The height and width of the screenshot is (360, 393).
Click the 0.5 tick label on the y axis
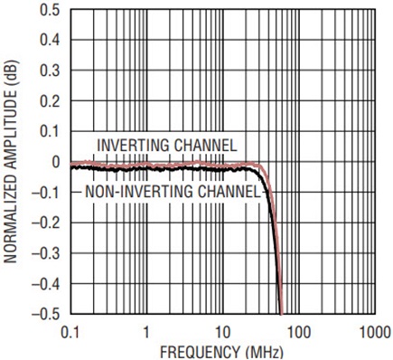coord(50,10)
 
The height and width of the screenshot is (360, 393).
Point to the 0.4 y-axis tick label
coord(50,40)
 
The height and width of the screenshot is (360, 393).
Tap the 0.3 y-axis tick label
coord(50,71)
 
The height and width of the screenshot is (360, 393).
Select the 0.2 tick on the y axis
coord(50,101)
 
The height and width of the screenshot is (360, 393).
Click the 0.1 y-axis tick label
coord(50,132)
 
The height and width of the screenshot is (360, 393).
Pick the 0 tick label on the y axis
coord(56,162)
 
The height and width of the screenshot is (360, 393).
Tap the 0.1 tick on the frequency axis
coord(70,333)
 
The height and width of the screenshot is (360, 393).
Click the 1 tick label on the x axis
coord(146,333)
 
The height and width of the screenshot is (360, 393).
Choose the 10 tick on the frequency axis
coord(222,333)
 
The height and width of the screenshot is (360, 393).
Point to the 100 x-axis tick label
coord(299,333)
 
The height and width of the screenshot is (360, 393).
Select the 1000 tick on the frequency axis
coord(376,333)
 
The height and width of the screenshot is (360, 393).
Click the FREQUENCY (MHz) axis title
coord(221,352)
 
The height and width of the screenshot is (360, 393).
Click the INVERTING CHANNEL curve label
coord(167,146)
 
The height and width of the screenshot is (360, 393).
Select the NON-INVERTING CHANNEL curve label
coord(173,192)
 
